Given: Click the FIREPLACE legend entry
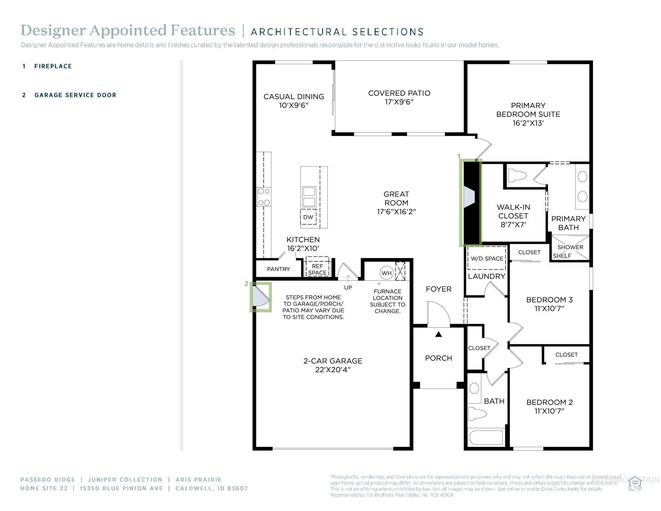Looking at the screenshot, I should click(x=53, y=66).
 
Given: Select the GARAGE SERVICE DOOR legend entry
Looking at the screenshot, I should click(x=75, y=95).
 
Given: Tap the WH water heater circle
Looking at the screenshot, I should click(x=386, y=273).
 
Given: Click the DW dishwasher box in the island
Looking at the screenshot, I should click(x=308, y=217).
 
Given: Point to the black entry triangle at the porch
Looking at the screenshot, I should click(x=439, y=335).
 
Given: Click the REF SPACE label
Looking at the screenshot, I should click(x=317, y=269).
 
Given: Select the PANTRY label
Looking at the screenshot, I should click(x=279, y=269).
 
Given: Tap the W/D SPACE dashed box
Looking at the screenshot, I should click(x=487, y=258).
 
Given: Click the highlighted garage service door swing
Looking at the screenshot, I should click(x=260, y=297).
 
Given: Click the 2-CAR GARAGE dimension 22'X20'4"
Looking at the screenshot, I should click(x=333, y=370).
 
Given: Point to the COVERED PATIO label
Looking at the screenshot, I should click(x=399, y=93).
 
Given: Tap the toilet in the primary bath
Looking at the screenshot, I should click(x=517, y=176).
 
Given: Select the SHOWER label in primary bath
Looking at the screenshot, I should click(x=570, y=247).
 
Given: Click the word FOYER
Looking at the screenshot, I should click(x=439, y=289).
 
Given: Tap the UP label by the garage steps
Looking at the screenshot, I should click(x=348, y=288).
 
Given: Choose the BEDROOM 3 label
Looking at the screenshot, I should click(x=549, y=300).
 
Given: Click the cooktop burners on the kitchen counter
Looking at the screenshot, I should click(x=263, y=197).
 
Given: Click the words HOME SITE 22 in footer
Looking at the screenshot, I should click(x=44, y=488).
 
